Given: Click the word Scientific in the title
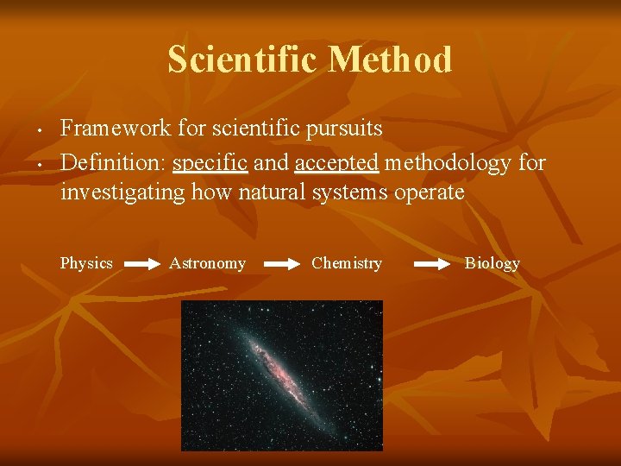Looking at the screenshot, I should [x=243, y=60].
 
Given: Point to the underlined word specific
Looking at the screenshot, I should [x=210, y=162].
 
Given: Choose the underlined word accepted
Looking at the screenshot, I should [x=336, y=162].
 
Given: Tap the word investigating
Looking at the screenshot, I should [x=122, y=192].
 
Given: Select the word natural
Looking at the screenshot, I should [x=275, y=192].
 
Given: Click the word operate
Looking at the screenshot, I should [x=429, y=192].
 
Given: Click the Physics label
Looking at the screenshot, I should [x=86, y=263].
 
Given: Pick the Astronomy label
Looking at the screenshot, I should [x=207, y=263].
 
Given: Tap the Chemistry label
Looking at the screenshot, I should [x=347, y=263].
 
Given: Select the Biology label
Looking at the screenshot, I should [x=492, y=263].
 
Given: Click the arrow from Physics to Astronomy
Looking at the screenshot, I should [x=142, y=266].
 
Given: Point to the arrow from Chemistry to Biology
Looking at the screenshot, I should [x=431, y=266].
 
